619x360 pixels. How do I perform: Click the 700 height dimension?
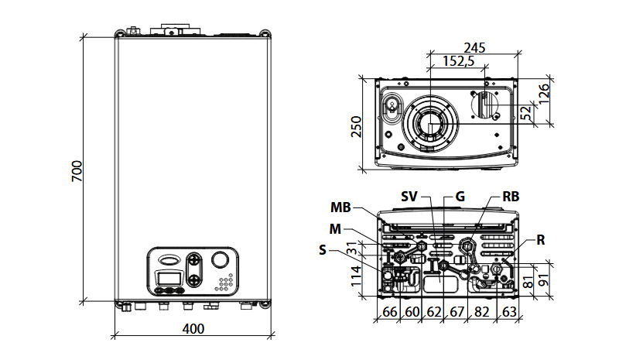[x=76, y=171]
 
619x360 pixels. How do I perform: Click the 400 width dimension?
[x=193, y=328]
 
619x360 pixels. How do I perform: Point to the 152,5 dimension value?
[x=459, y=62]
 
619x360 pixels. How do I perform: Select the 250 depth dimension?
[x=357, y=125]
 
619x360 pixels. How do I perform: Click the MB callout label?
[x=341, y=207]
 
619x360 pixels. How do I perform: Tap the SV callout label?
[x=410, y=197]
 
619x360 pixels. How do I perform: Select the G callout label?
[x=460, y=197]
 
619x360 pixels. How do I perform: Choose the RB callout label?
[x=511, y=197]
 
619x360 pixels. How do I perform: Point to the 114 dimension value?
[x=357, y=276]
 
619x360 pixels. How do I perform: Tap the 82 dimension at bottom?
[x=483, y=313]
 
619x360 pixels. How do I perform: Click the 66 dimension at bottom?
[x=389, y=313]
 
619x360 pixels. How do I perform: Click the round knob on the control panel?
[x=221, y=261]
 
